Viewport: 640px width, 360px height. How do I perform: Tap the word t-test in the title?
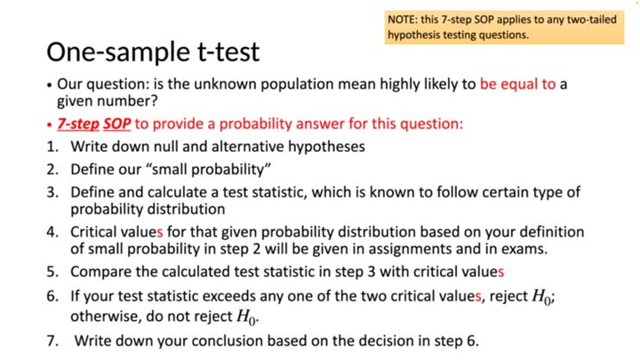(x=220, y=52)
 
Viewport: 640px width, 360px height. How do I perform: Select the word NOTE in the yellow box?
(x=402, y=19)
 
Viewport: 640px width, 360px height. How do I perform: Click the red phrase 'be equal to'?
(x=517, y=85)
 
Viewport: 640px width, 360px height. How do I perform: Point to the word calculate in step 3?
(x=203, y=192)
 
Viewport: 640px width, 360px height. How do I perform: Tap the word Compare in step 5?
(x=101, y=271)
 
